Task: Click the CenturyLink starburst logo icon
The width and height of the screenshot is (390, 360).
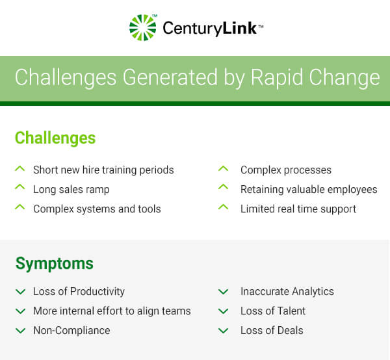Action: (143, 28)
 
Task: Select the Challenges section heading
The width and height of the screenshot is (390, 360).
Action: (55, 138)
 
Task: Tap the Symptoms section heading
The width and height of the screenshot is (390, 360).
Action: (54, 263)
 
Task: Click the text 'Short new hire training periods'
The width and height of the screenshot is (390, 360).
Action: (103, 170)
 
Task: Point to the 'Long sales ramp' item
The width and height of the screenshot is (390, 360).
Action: (71, 190)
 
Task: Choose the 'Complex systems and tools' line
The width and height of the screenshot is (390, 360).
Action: (97, 209)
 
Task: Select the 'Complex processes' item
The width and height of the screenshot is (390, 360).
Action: (286, 170)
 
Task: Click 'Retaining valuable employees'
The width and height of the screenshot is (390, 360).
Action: (309, 190)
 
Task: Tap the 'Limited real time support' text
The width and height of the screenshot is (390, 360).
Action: (298, 209)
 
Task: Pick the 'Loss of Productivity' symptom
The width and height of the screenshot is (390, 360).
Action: (79, 292)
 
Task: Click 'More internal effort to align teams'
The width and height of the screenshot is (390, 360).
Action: (112, 311)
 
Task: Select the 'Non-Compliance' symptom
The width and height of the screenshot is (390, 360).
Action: (71, 331)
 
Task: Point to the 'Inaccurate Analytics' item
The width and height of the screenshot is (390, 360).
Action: (287, 292)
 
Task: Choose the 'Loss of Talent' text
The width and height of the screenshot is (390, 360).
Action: (273, 311)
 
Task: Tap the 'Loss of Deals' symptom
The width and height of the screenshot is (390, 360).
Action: (272, 331)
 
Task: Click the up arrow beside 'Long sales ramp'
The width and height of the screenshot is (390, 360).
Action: (19, 188)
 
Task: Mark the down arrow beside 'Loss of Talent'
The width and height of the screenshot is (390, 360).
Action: (224, 311)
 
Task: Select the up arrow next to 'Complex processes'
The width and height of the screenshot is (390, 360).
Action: (224, 168)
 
